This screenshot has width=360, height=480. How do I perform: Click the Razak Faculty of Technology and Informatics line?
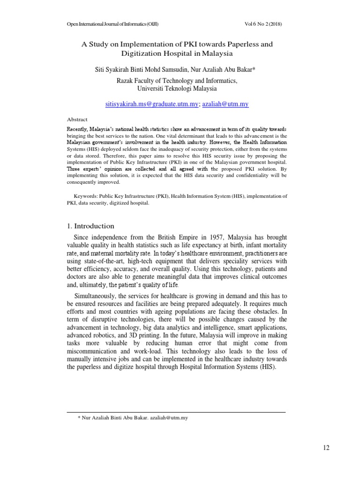click(177, 81)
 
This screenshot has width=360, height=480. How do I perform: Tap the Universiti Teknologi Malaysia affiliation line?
click(177, 88)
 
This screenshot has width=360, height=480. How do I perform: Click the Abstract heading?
click(77, 120)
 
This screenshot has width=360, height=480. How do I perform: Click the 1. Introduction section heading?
click(91, 225)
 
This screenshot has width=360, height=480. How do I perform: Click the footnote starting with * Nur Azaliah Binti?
click(133, 417)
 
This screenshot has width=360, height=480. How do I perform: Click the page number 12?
click(326, 448)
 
